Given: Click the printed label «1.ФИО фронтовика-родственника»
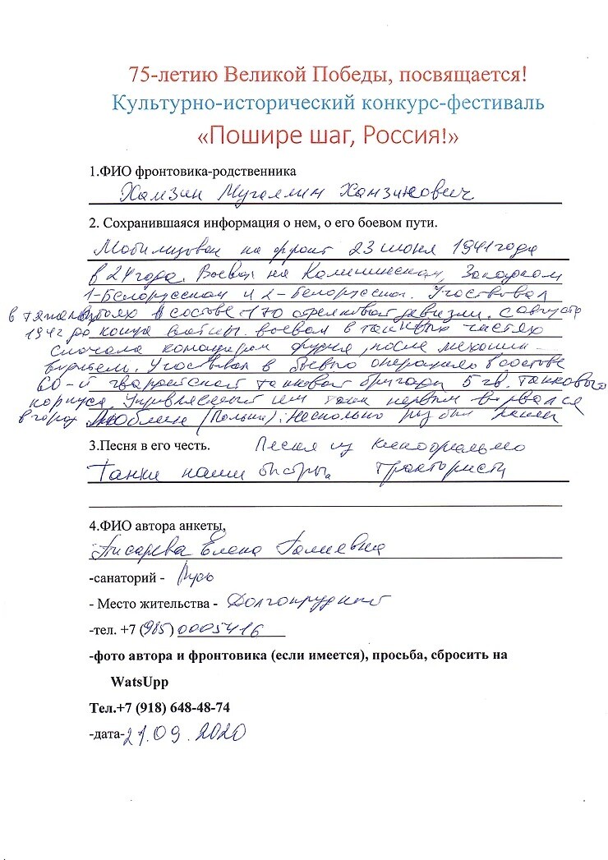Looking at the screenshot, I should [192, 172].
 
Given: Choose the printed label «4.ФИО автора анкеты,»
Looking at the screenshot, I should [156, 526].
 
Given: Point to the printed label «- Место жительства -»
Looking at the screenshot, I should [153, 604].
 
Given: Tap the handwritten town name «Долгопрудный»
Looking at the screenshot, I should [304, 604].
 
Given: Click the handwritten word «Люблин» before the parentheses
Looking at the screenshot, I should [120, 419].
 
